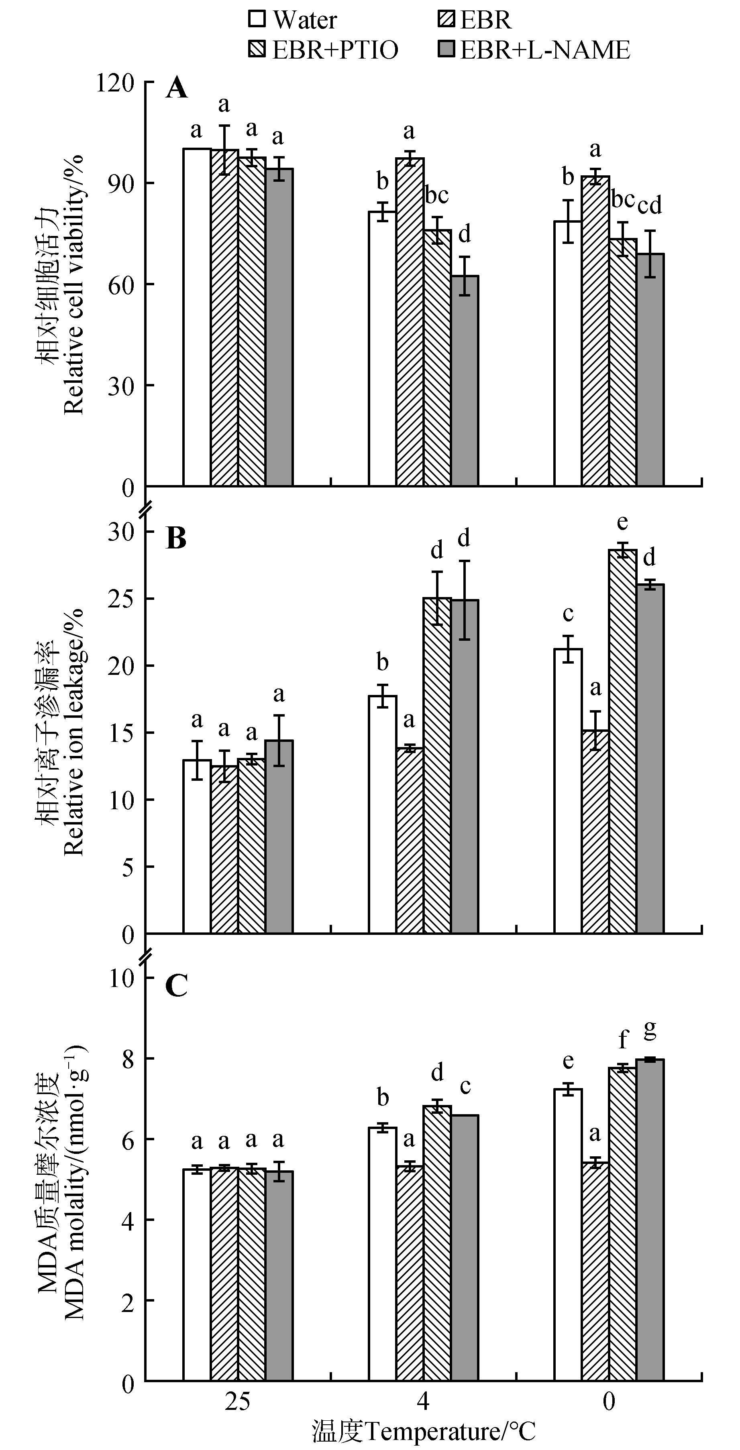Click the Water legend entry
[292, 20]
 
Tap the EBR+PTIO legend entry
[323, 50]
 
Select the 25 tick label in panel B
[122, 598]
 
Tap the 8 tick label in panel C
[128, 1059]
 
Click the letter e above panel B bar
[622, 522]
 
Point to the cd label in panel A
[650, 205]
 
